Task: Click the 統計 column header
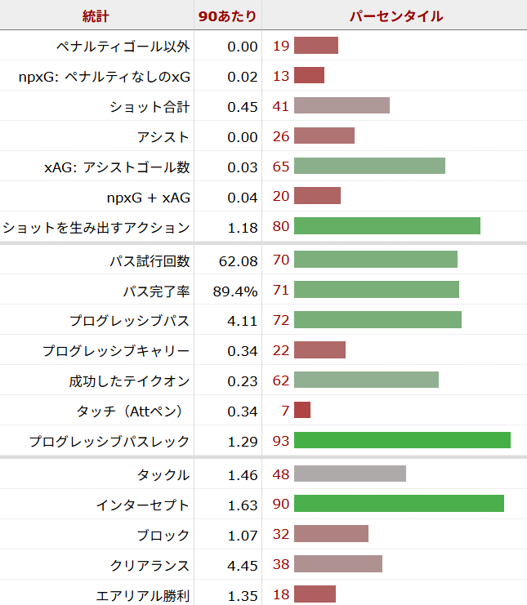coord(96,16)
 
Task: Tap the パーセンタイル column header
coord(396,16)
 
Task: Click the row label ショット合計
coord(150,106)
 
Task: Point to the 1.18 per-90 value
coord(243,227)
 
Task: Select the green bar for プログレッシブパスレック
coord(402,441)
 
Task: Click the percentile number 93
coord(281,441)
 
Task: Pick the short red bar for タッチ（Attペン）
coord(302,411)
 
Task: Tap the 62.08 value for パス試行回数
coord(239,260)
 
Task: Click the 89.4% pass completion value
coord(235,291)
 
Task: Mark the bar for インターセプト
coord(399,505)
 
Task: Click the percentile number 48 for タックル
coord(281,474)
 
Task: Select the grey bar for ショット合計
coord(342,106)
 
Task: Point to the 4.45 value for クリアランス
coord(243,565)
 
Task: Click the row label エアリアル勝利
coord(144,595)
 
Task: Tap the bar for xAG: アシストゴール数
coord(369,167)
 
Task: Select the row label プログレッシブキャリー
coord(116,351)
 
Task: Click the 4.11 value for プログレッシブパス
coord(243,321)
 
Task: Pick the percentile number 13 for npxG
coord(281,76)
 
